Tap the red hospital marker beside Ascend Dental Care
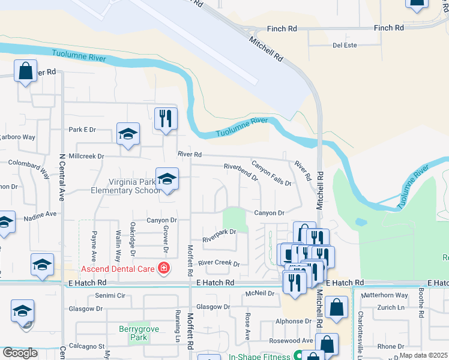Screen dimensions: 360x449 click(x=163, y=267)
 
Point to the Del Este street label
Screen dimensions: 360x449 click(x=345, y=45)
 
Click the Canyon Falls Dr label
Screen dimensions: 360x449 click(x=271, y=173)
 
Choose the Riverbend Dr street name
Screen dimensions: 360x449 click(x=241, y=172)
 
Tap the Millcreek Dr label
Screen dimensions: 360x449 click(x=86, y=156)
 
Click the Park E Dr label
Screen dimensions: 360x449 click(x=82, y=130)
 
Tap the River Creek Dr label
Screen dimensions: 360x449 click(x=218, y=263)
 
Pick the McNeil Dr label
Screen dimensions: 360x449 click(x=259, y=293)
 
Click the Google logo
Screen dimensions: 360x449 click(x=20, y=353)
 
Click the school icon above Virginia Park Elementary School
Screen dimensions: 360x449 click(x=167, y=179)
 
